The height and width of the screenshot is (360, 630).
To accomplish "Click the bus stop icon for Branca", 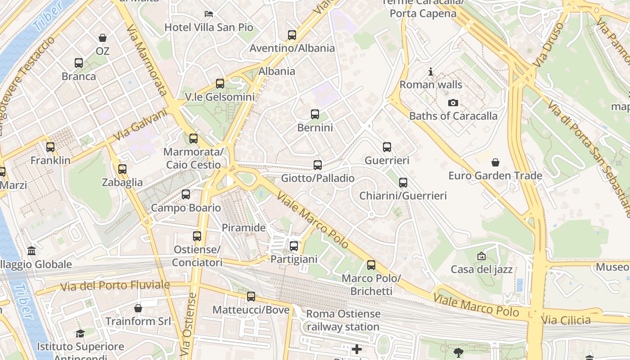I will (79, 63).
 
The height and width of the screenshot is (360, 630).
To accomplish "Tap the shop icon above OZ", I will (103, 38).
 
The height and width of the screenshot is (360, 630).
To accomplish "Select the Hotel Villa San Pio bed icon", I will (208, 13).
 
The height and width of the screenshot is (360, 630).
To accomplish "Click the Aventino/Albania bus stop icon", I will (292, 35).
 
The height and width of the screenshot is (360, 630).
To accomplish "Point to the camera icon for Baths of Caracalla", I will (453, 103).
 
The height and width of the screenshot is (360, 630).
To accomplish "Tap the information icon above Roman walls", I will (431, 72).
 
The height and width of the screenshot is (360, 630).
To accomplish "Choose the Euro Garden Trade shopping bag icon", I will (495, 162).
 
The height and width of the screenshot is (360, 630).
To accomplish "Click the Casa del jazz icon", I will (481, 256).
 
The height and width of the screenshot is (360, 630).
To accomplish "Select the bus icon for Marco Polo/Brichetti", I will (371, 265).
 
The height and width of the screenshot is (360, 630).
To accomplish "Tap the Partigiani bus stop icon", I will (294, 246).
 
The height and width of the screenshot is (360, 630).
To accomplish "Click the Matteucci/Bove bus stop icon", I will (251, 297).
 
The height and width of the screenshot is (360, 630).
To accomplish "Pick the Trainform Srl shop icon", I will (138, 308).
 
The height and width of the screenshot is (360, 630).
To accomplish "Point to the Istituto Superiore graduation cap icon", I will (80, 333).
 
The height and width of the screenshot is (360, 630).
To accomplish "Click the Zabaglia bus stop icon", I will (122, 169).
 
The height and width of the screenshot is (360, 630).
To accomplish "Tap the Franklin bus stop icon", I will (50, 147).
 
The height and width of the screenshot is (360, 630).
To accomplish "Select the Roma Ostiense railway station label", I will (343, 320).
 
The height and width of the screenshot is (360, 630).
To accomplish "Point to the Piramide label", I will (244, 228).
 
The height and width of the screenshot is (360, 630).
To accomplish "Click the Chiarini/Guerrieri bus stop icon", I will (403, 182).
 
